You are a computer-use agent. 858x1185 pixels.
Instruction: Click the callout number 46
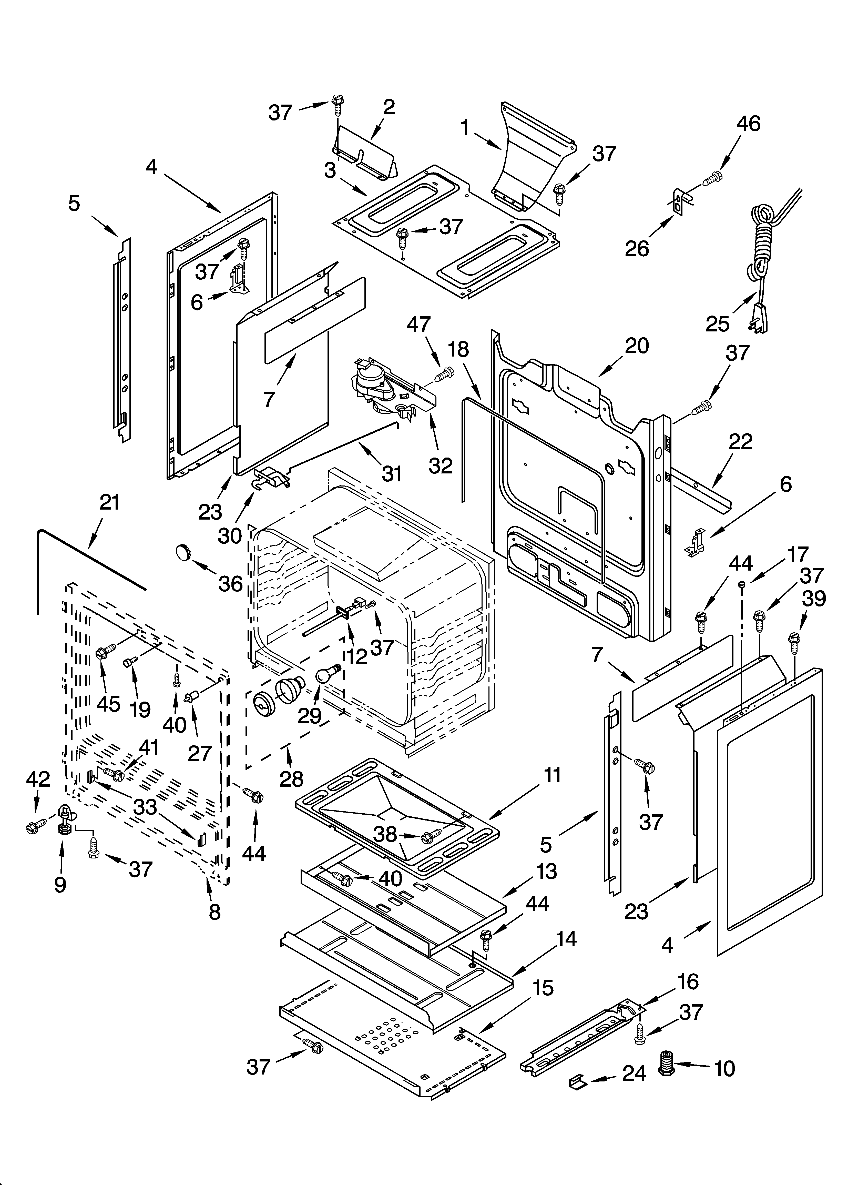748,124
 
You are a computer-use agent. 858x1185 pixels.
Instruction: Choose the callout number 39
814,598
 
